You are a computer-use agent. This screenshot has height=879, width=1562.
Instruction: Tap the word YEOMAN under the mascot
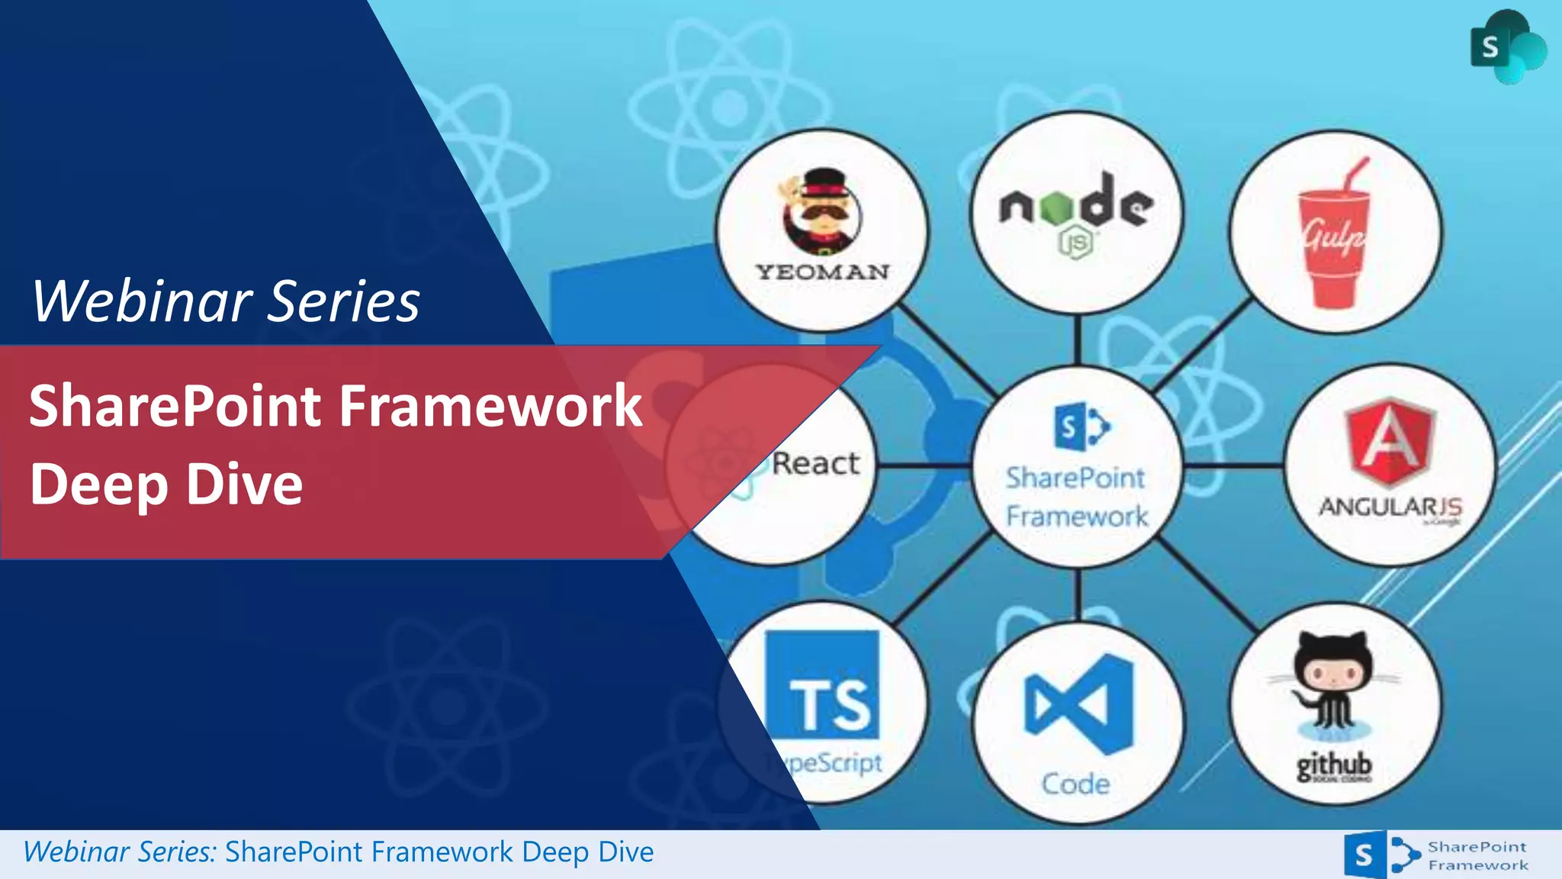822,272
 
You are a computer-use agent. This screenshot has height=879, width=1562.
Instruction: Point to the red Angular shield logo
1390,442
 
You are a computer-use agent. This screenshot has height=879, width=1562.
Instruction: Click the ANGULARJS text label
1390,507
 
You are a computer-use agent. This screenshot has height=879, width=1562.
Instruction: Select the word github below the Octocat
1334,765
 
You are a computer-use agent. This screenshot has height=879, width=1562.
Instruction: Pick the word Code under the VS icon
1076,784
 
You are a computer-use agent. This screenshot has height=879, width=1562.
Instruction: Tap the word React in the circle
815,463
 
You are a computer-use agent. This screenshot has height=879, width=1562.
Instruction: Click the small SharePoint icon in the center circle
1081,428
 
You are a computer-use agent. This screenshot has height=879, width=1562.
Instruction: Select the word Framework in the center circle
1077,517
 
